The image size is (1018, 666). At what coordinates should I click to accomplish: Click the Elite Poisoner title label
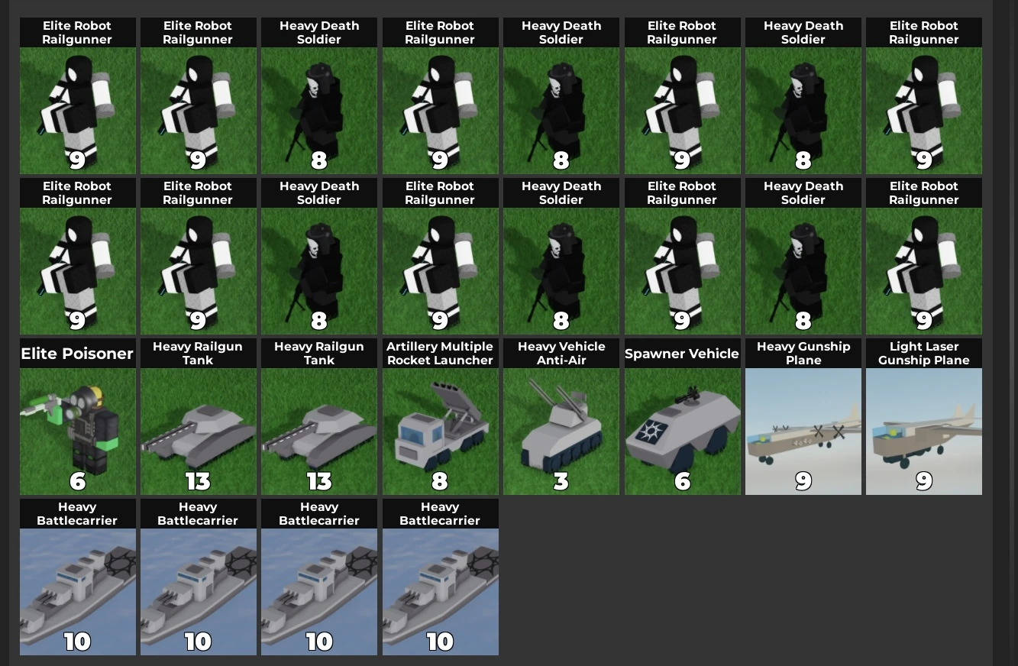pos(77,354)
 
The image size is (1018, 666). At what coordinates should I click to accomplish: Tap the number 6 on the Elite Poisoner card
pos(77,481)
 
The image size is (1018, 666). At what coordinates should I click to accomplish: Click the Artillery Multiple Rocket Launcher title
pos(440,354)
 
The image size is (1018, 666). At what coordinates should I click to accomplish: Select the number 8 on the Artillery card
pos(440,481)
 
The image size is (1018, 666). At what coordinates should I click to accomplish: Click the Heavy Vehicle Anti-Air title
pos(561,354)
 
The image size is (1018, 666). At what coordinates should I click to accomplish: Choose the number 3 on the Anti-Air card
pos(561,481)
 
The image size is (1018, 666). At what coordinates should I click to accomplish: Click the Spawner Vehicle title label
pos(682,354)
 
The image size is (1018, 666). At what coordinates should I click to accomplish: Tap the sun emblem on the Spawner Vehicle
pos(655,432)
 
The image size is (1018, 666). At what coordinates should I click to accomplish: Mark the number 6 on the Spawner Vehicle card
pos(682,481)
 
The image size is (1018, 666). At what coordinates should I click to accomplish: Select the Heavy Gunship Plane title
pos(803,354)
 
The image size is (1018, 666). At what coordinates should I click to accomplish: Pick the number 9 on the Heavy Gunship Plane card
pos(803,481)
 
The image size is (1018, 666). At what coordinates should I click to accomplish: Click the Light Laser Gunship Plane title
pos(924,354)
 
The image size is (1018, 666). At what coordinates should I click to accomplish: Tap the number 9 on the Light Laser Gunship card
pos(924,481)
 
